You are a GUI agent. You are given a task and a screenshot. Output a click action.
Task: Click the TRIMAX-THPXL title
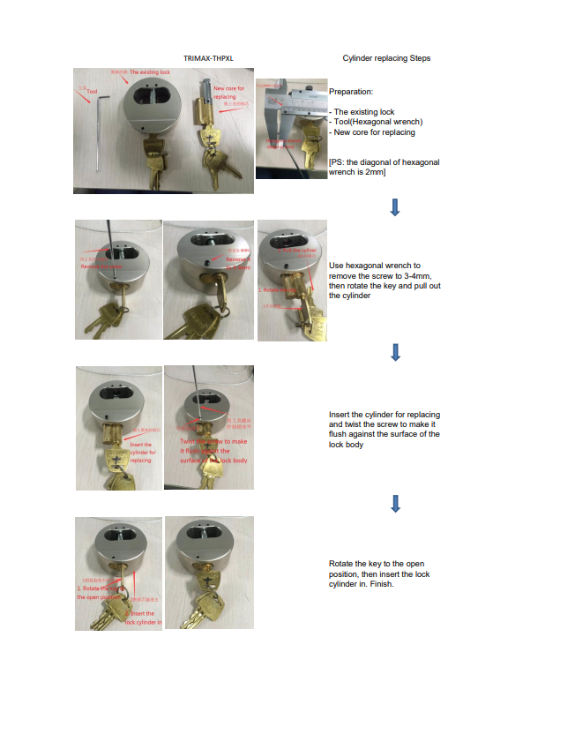(208, 58)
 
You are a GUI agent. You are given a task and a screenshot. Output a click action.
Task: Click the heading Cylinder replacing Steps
(386, 58)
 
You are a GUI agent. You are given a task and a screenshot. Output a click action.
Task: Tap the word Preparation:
(351, 92)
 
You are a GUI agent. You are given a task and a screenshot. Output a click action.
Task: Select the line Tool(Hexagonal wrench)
(377, 122)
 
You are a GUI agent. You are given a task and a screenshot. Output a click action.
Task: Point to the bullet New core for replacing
(373, 132)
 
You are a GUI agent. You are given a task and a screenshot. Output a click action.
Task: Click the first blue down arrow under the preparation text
(394, 207)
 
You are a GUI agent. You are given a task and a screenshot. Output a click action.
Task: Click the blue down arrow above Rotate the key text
(395, 504)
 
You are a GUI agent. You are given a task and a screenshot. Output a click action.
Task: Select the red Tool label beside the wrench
(91, 92)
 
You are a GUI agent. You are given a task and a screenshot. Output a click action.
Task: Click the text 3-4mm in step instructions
(414, 276)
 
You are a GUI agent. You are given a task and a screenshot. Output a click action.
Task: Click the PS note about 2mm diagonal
(384, 167)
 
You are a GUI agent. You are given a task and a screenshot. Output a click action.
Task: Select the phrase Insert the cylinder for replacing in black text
(385, 415)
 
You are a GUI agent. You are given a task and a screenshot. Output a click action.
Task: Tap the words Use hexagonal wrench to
(374, 266)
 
